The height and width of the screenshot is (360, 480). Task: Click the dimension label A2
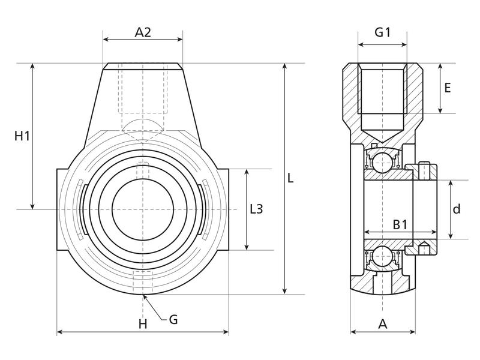click(x=143, y=32)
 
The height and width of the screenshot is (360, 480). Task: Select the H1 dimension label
click(x=22, y=137)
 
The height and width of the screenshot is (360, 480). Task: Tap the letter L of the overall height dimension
click(x=290, y=179)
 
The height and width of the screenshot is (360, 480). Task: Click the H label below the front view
click(x=143, y=325)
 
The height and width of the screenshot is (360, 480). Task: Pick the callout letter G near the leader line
click(x=173, y=319)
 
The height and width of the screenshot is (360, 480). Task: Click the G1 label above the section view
click(x=383, y=32)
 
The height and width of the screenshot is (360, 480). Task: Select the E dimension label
click(x=447, y=88)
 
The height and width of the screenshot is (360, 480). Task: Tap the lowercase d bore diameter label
click(x=457, y=209)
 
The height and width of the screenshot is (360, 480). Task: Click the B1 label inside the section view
click(x=400, y=224)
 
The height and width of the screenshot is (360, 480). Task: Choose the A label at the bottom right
click(x=383, y=325)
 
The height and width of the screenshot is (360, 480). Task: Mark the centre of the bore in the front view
click(x=143, y=209)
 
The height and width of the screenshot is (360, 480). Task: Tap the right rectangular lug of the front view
click(x=221, y=209)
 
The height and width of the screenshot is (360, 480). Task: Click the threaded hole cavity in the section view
click(x=383, y=90)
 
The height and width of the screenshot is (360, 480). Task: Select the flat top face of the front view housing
click(x=143, y=64)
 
